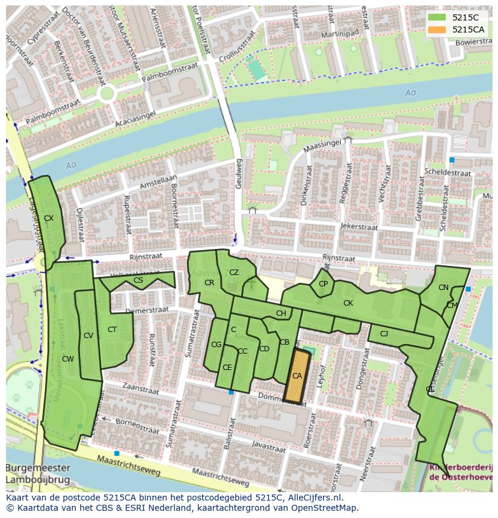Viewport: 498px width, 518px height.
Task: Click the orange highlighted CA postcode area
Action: click(x=297, y=376)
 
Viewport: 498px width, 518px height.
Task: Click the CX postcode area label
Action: click(x=49, y=218)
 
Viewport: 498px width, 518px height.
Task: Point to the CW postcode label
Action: click(x=68, y=359)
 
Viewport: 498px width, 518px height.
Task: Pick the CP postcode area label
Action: click(x=324, y=284)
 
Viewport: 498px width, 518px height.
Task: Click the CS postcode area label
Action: click(x=138, y=280)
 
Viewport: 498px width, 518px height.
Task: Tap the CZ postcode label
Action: click(x=234, y=273)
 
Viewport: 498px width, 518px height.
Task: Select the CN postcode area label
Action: click(x=443, y=288)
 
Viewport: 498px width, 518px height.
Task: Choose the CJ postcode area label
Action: click(x=384, y=333)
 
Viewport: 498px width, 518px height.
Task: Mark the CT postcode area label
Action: click(x=112, y=330)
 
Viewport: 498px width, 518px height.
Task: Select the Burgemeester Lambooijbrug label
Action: click(x=38, y=474)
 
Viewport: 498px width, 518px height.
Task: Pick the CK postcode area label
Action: click(x=348, y=303)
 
